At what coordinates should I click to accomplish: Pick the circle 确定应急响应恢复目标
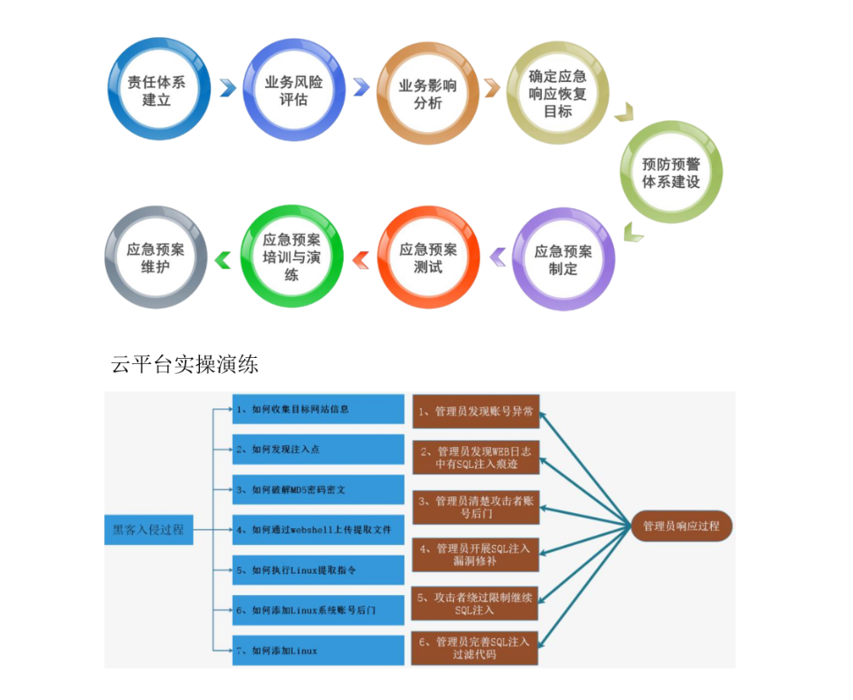557,93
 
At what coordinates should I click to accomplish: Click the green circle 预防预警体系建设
670,172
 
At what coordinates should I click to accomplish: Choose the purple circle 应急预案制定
563,259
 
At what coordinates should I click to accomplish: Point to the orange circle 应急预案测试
428,257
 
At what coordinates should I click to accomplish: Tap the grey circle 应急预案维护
156,257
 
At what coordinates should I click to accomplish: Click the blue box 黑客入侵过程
148,530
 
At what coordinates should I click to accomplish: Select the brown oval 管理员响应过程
681,526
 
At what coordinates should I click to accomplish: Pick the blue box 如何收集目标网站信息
305,409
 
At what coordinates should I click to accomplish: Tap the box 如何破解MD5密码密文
305,489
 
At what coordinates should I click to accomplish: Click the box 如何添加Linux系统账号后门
305,609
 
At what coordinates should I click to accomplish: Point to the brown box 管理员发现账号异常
475,411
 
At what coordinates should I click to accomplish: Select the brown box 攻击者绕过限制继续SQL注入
475,603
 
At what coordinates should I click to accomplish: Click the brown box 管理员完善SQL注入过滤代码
475,648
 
